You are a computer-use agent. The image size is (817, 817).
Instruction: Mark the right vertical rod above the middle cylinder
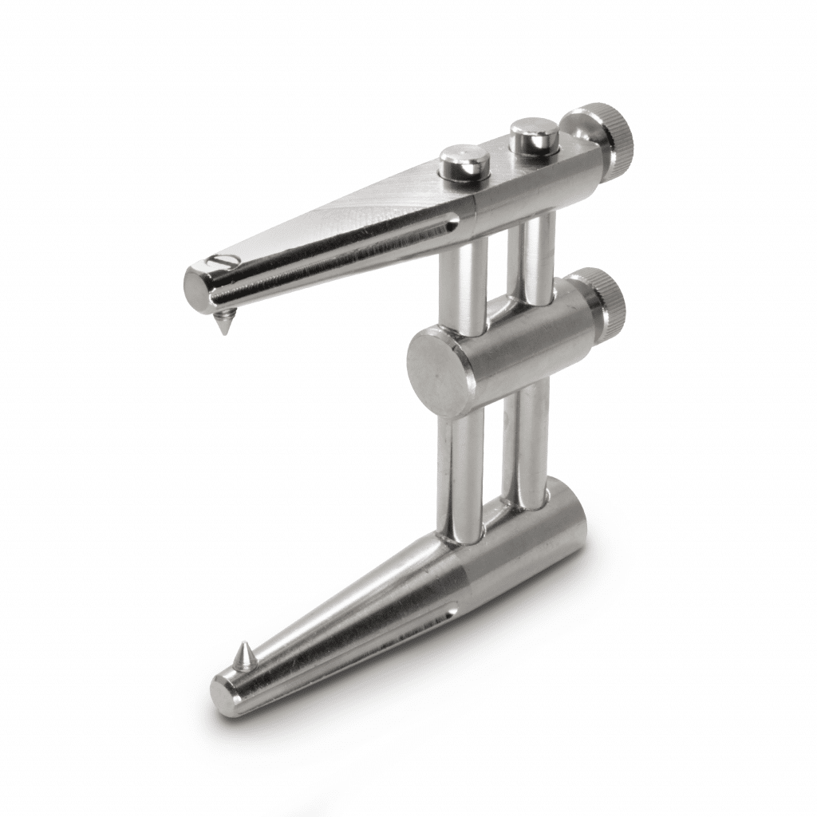pyautogui.click(x=536, y=255)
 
